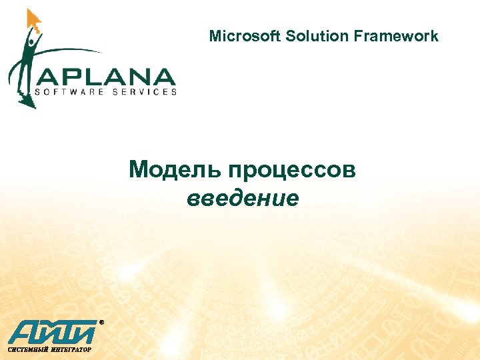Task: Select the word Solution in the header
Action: (311, 36)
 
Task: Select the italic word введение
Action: (243, 198)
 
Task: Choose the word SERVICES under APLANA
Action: (144, 92)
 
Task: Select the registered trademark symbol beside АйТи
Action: (101, 322)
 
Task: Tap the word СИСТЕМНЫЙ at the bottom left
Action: (26, 349)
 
